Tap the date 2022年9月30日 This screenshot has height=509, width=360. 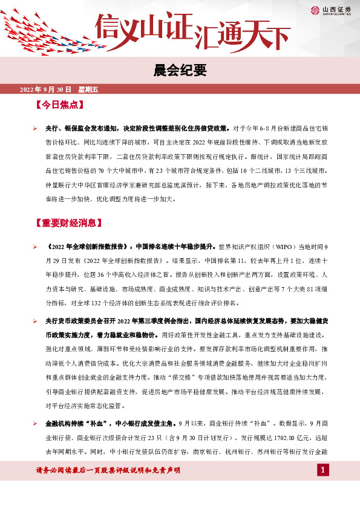point(46,90)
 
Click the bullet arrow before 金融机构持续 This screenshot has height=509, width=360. point(36,443)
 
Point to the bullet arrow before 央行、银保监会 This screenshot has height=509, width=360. point(36,128)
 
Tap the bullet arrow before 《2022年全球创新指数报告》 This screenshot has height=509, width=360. point(36,247)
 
